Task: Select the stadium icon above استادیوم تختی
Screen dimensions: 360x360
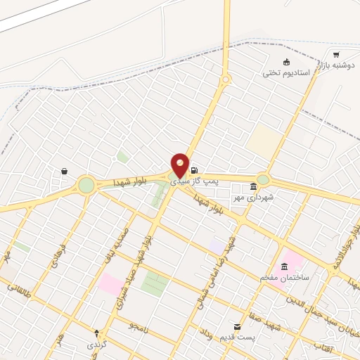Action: (285, 62)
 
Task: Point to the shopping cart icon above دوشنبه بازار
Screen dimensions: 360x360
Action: (336, 55)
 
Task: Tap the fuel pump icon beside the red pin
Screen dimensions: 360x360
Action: (194, 169)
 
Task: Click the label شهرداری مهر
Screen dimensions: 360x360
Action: (253, 197)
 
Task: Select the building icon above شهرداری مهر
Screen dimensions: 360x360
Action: (253, 186)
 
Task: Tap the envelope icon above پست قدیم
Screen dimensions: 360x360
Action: (237, 327)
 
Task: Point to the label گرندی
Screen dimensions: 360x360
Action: (96, 345)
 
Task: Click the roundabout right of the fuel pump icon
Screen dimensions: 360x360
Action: (263, 179)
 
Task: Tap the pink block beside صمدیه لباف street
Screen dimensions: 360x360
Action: (110, 284)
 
